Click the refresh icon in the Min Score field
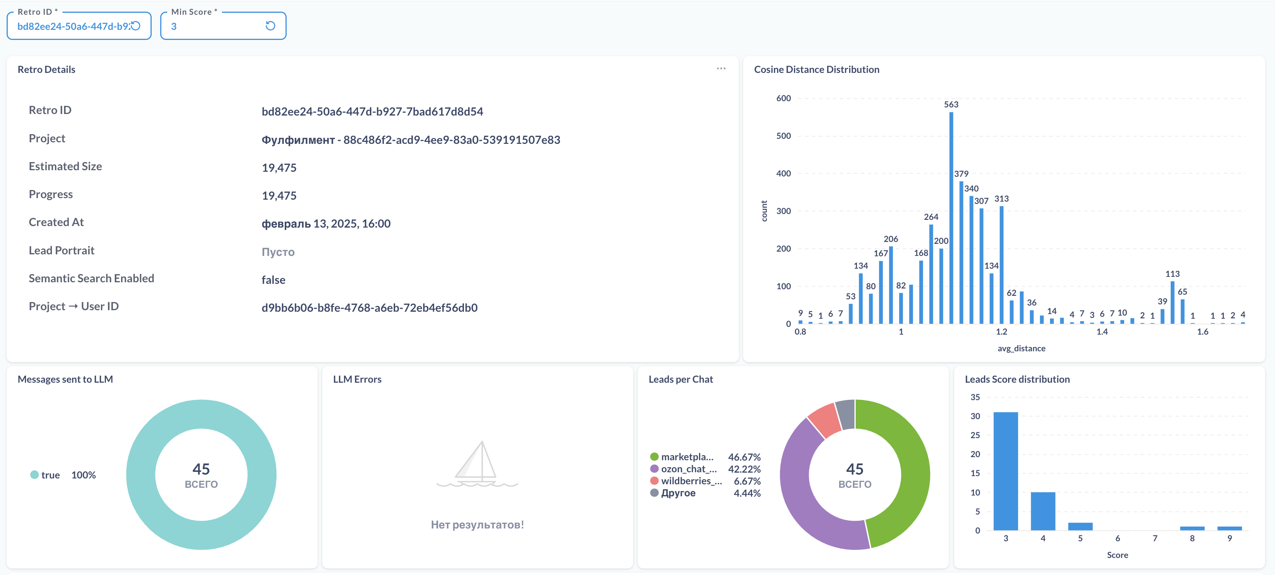[270, 26]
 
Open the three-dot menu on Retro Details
[721, 69]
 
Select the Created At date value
[326, 224]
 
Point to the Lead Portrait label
[61, 250]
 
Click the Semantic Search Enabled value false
[273, 280]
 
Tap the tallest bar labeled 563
[951, 218]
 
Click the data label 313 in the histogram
[1001, 199]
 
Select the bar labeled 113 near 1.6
[1173, 302]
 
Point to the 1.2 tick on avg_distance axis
[1001, 332]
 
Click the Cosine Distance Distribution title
[817, 69]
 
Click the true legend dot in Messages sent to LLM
[34, 475]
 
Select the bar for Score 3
[1006, 471]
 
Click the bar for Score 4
[1043, 511]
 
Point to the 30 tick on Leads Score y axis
[975, 416]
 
